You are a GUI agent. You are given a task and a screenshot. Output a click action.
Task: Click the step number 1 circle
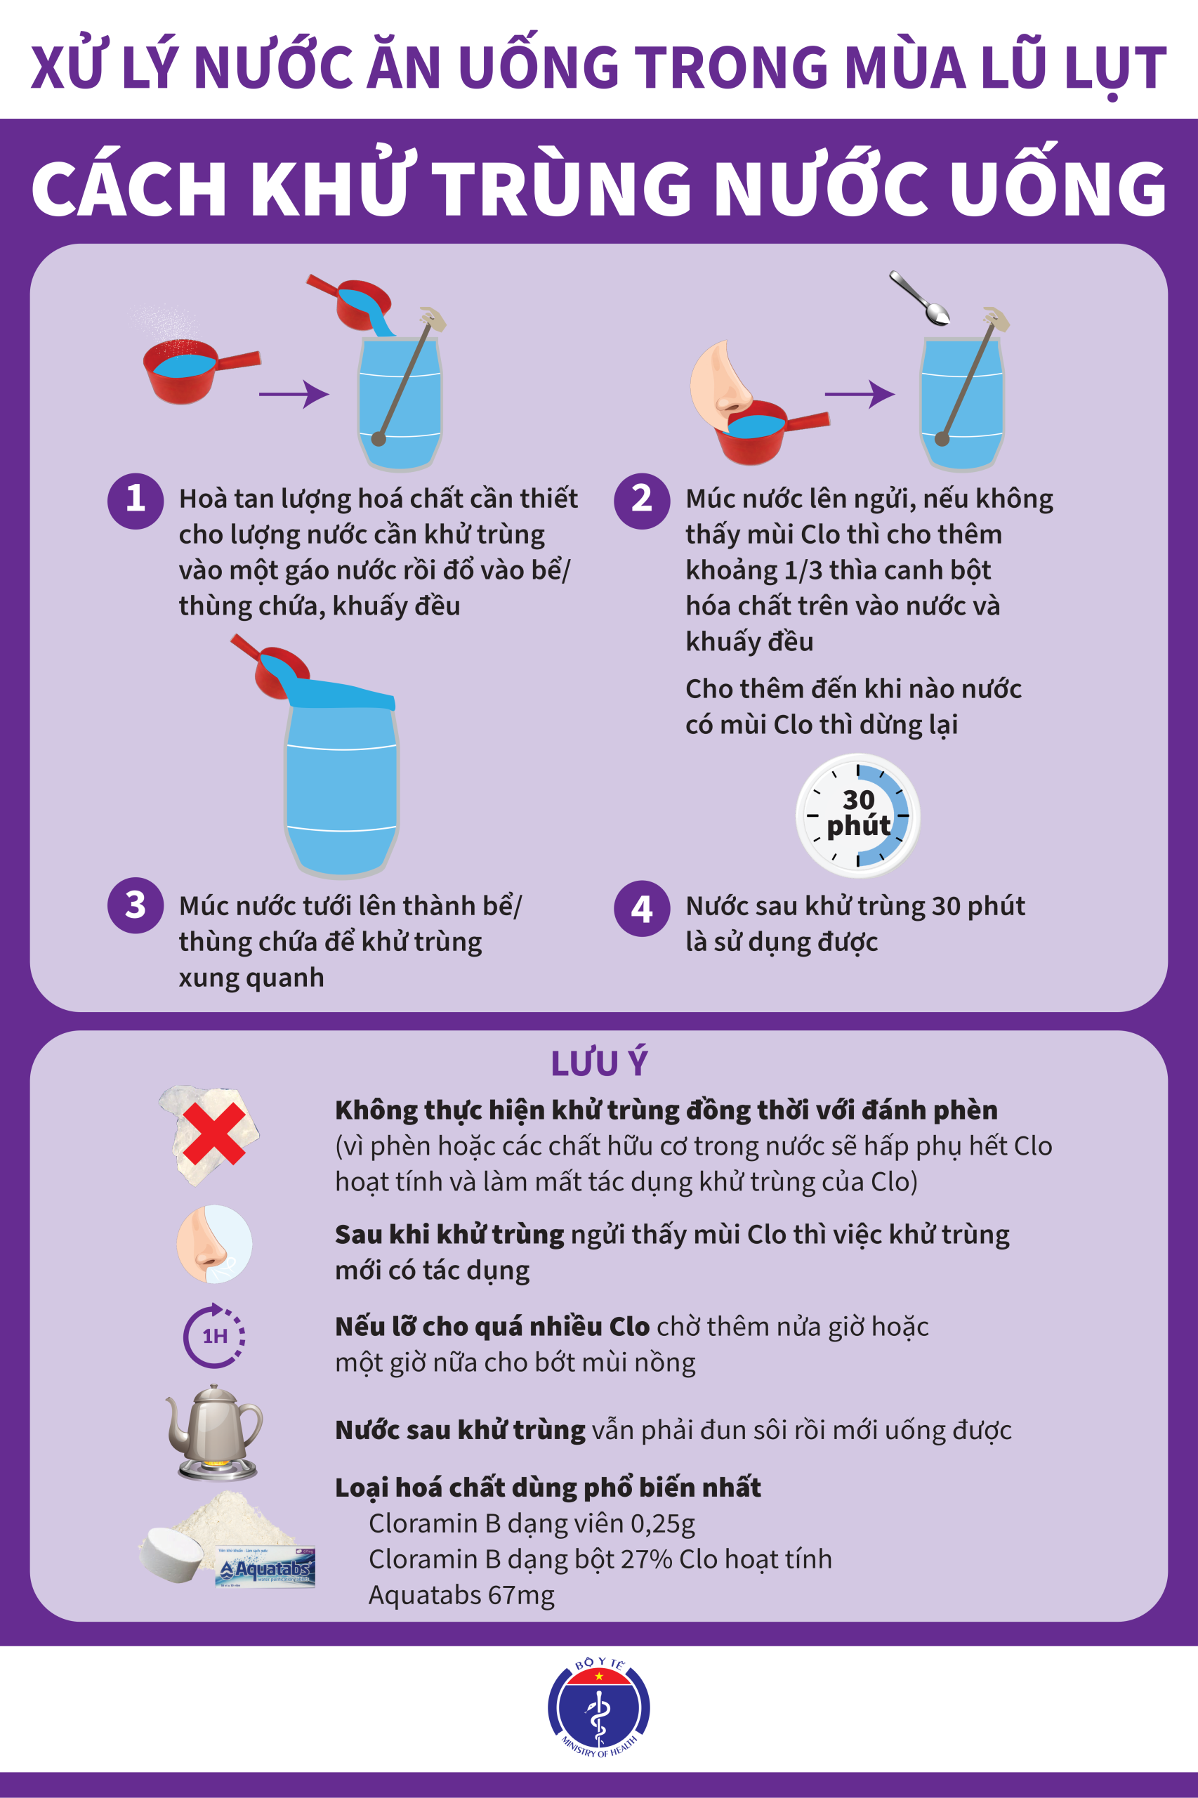[x=136, y=501]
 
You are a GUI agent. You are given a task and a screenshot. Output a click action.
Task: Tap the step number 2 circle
[x=642, y=501]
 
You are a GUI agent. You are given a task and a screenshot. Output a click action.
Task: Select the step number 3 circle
[x=136, y=905]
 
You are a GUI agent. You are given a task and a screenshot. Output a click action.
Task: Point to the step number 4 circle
[x=642, y=909]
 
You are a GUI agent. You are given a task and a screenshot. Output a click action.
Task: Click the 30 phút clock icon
[x=858, y=815]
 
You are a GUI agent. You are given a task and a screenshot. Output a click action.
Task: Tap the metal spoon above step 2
[x=919, y=297]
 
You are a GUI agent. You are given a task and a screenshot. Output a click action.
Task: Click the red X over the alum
[x=214, y=1133]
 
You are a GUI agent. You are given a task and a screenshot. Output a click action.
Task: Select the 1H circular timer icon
[x=215, y=1336]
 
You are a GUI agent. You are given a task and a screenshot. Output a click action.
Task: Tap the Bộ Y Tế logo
[x=599, y=1710]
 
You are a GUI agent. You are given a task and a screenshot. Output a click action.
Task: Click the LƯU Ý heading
[x=599, y=1063]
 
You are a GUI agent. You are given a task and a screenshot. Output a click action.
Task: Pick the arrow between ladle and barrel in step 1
[x=294, y=394]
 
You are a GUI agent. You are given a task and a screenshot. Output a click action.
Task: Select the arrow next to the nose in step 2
[x=860, y=394]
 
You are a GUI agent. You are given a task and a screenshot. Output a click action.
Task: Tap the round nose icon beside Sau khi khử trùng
[x=215, y=1244]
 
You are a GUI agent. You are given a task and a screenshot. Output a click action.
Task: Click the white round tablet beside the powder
[x=171, y=1554]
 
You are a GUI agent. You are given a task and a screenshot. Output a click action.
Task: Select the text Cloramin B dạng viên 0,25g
[x=532, y=1523]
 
